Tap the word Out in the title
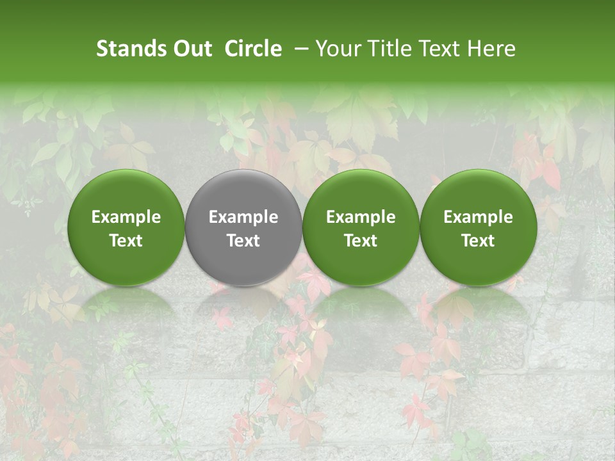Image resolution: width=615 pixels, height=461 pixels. (x=190, y=49)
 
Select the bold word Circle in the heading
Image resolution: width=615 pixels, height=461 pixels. (x=253, y=49)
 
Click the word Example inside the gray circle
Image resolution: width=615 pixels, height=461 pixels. (x=243, y=217)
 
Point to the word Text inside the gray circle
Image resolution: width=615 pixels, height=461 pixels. (x=243, y=241)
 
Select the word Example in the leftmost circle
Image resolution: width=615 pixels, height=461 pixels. (x=126, y=217)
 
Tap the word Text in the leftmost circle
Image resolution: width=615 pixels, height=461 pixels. (x=126, y=241)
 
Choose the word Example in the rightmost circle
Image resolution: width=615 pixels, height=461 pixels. (x=478, y=217)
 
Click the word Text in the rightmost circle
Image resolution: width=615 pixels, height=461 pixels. (x=478, y=241)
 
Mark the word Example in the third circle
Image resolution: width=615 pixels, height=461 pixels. (x=361, y=217)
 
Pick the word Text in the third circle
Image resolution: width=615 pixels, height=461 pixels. (x=361, y=241)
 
